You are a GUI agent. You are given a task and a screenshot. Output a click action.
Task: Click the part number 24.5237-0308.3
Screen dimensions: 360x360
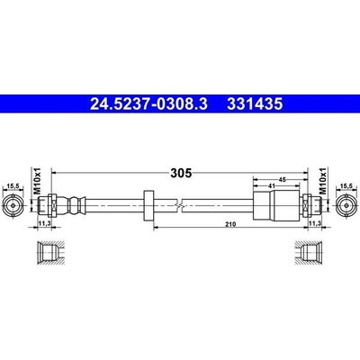148,103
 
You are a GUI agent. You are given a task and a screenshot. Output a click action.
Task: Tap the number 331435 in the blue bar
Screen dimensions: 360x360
255,103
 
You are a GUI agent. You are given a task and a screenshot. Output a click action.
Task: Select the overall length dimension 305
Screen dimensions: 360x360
181,173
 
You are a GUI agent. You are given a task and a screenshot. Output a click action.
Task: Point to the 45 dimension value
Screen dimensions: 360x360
282,180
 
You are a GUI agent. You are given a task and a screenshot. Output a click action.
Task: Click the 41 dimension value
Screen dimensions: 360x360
272,186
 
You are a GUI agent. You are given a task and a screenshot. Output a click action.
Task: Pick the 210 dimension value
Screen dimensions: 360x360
231,224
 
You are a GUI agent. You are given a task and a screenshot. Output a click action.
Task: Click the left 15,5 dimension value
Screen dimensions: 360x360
13,186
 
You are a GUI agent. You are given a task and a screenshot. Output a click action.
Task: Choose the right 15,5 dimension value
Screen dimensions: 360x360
346,186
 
